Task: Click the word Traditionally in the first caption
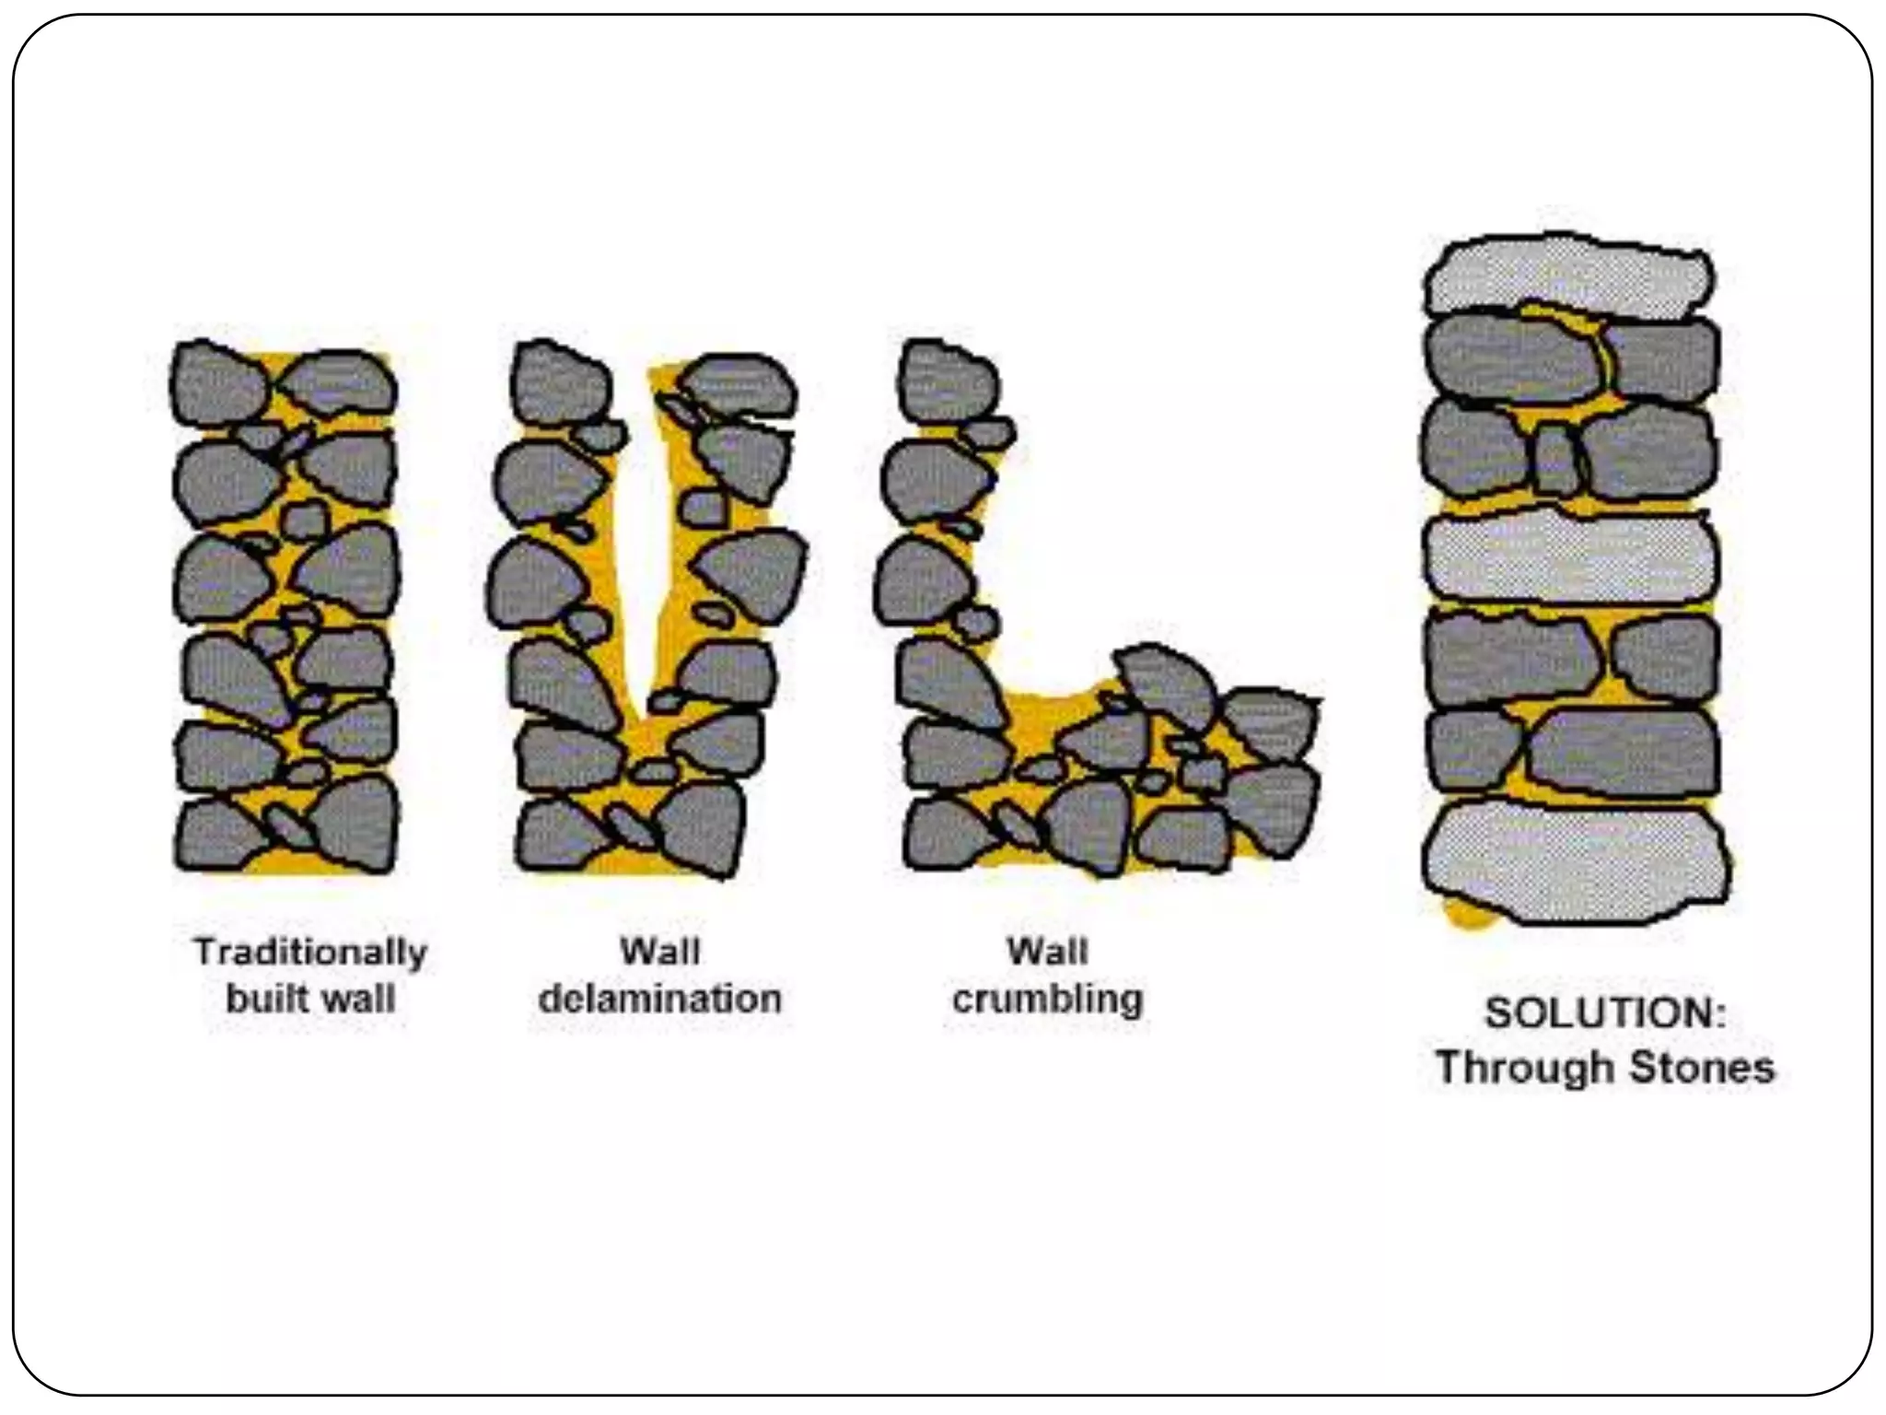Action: point(310,953)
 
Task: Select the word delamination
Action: point(659,1000)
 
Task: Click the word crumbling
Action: point(1047,1000)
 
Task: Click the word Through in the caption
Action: point(1524,1069)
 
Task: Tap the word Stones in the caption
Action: point(1702,1069)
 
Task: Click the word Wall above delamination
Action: point(659,951)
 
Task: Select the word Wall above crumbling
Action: point(1047,951)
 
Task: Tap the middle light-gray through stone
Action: point(1571,556)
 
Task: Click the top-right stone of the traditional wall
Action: point(339,383)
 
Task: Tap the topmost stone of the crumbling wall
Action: point(947,381)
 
